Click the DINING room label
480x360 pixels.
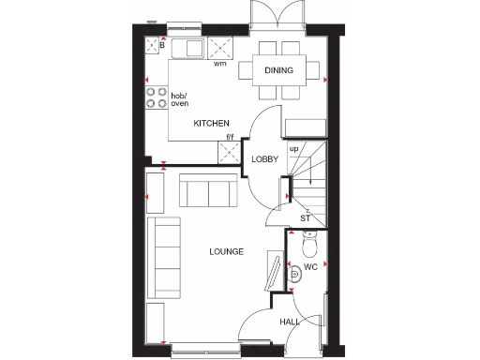click(278, 70)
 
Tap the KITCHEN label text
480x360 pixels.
click(211, 124)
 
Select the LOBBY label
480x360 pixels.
click(265, 159)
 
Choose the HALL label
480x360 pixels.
click(289, 322)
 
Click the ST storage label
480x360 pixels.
click(306, 218)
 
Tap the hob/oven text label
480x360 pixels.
click(180, 99)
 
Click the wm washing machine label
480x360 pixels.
click(220, 65)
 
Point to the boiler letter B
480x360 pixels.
click(161, 44)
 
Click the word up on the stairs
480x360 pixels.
click(293, 149)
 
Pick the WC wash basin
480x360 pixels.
click(294, 273)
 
